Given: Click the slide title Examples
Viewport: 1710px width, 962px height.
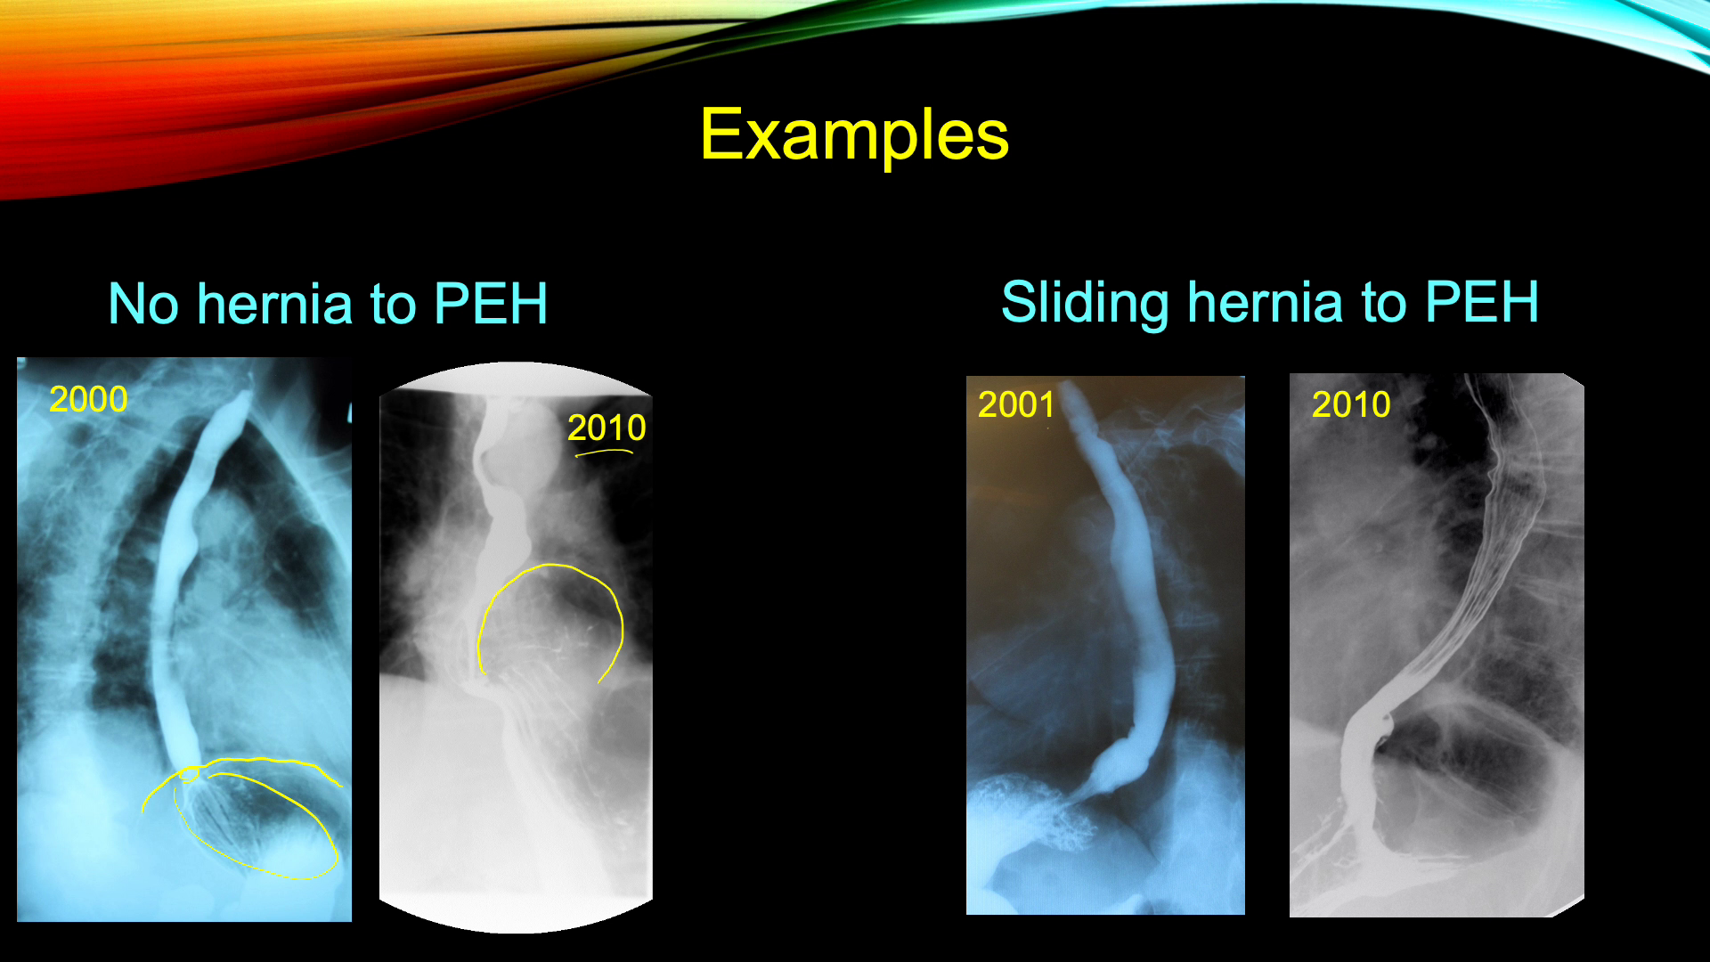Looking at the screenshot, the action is [x=854, y=135].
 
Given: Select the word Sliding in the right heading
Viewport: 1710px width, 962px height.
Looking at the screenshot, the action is [x=1085, y=303].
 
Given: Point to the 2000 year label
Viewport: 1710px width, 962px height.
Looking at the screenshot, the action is [x=88, y=399].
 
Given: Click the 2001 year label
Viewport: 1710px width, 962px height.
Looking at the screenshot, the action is [x=1016, y=404].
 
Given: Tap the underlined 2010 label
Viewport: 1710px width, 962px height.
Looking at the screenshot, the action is [x=607, y=428].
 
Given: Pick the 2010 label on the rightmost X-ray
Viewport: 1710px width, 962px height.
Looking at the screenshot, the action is [x=1351, y=404].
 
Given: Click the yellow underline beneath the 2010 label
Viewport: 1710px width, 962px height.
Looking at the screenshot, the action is [x=604, y=452].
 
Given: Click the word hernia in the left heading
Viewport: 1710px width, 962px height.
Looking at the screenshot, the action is [x=275, y=304].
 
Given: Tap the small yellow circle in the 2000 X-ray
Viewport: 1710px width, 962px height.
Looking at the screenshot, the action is [x=189, y=774].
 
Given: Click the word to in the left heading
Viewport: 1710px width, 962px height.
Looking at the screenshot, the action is [x=394, y=305].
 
